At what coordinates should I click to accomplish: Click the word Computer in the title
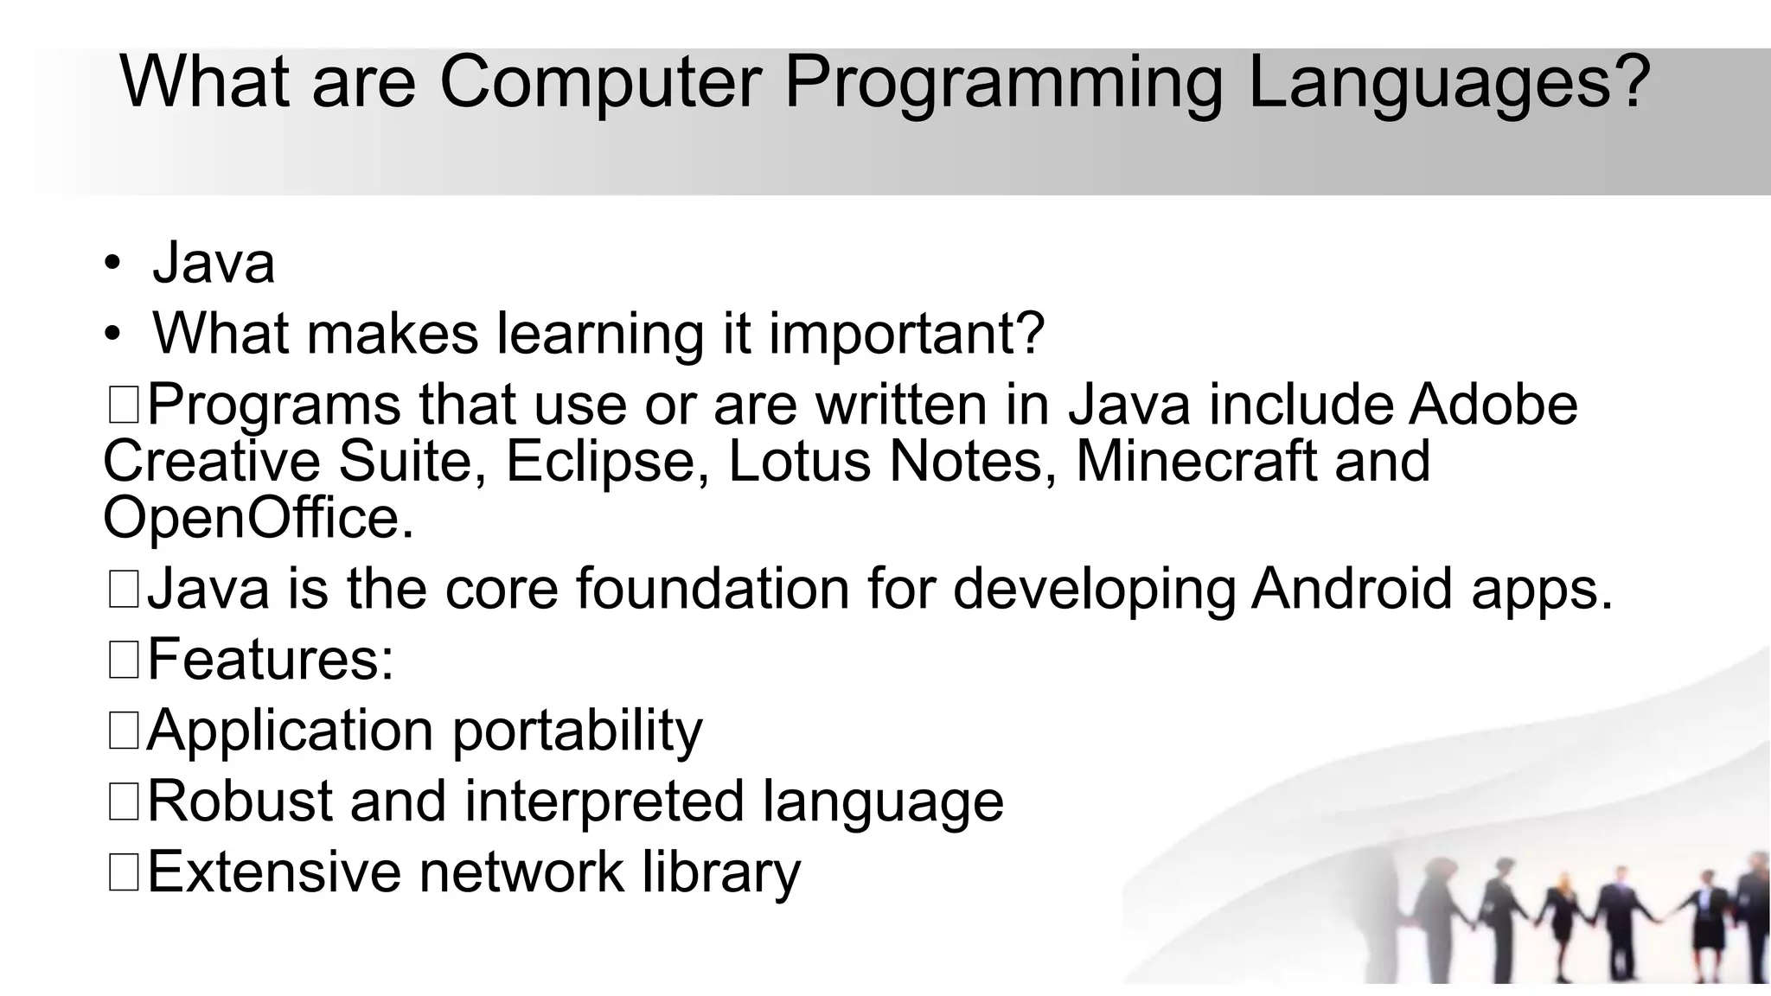click(600, 82)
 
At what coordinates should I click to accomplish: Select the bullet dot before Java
click(112, 263)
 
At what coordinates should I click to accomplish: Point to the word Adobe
click(1493, 405)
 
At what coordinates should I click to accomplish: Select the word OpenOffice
click(258, 518)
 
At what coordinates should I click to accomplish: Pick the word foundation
click(713, 589)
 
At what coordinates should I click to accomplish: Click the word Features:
click(271, 659)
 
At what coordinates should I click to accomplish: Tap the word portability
click(577, 731)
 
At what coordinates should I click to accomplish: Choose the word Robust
click(240, 801)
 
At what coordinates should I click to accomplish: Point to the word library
click(721, 872)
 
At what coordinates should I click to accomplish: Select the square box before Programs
click(124, 405)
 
